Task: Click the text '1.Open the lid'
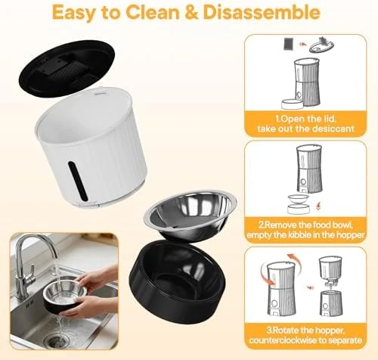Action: click(x=310, y=119)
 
